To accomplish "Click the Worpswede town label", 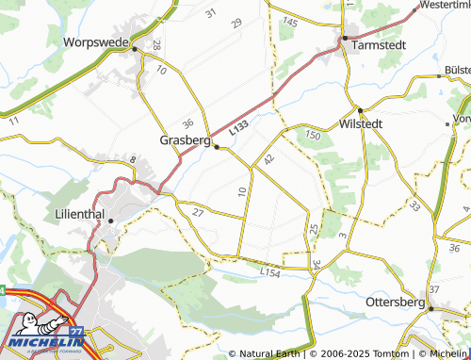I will pos(95,42).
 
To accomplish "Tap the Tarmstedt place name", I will pos(379,43).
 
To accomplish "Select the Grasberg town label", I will pos(184,140).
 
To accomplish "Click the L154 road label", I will pos(270,272).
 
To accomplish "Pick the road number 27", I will pos(198,213).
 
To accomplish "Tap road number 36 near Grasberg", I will pos(188,123).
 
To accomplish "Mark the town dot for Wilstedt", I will pos(360,109).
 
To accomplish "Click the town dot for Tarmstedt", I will pos(345,39).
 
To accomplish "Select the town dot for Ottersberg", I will pos(430,307).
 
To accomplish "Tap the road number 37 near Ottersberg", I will pos(434,288).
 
